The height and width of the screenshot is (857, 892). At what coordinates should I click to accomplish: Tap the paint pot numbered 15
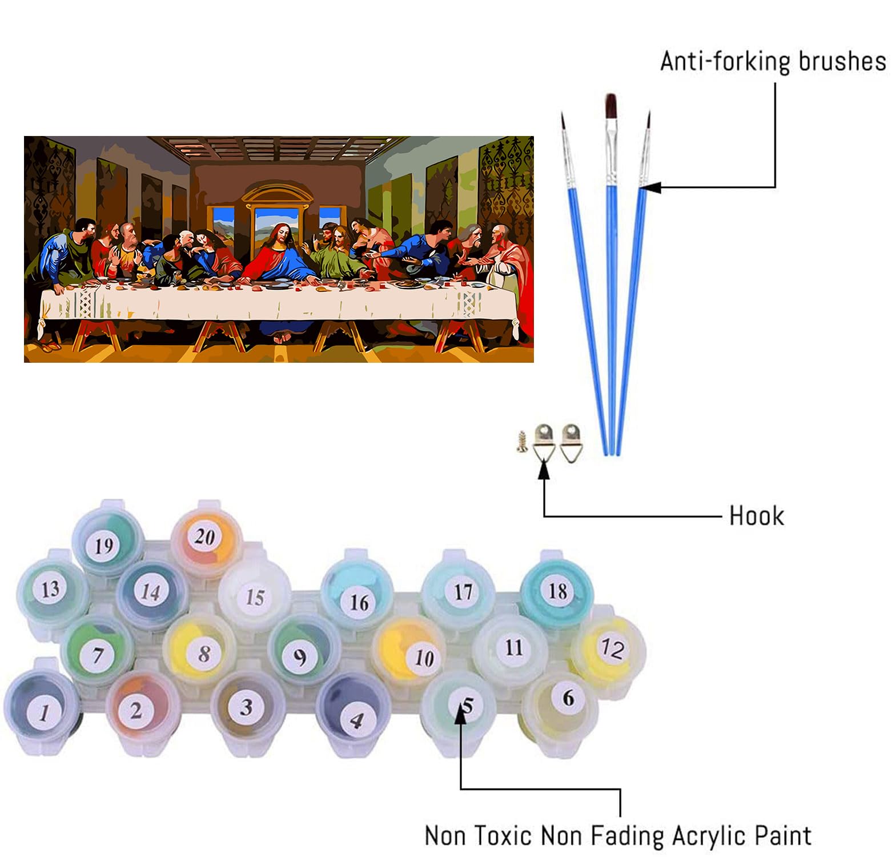[255, 596]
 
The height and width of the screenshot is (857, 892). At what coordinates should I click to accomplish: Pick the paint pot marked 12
[612, 648]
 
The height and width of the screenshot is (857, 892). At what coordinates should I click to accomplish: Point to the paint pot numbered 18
[557, 591]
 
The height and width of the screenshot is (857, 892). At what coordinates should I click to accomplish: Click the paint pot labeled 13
[50, 588]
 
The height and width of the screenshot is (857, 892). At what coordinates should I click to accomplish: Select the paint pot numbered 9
[300, 656]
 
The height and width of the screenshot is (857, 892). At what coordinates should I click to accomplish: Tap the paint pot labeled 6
[566, 698]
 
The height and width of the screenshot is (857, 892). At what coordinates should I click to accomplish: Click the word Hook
[756, 516]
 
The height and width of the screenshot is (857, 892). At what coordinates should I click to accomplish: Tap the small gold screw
[521, 442]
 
